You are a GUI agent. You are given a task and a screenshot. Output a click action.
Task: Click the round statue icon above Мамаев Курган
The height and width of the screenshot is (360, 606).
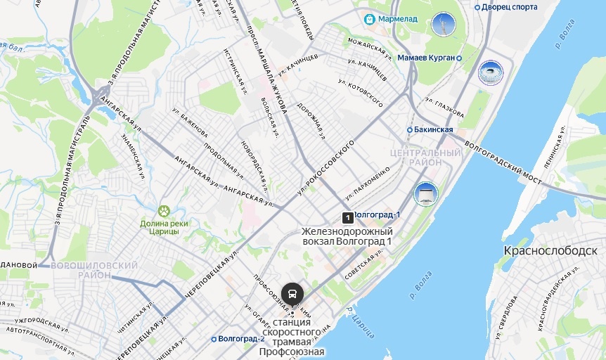444,25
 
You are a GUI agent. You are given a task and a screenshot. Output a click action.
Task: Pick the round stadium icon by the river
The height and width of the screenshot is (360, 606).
490,72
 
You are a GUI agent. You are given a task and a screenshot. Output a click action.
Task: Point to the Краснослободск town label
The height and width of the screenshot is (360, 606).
550,250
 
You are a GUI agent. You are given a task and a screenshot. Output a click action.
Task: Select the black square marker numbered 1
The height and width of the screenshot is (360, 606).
347,217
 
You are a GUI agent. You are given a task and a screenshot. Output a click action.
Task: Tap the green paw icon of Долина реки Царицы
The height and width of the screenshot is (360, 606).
164,210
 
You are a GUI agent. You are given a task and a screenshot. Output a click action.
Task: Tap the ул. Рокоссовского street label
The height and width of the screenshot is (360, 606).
324,167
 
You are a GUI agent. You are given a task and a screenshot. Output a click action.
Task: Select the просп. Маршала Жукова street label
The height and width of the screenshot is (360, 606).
267,69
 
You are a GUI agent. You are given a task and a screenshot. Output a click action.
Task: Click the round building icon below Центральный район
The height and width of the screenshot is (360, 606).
426,193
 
